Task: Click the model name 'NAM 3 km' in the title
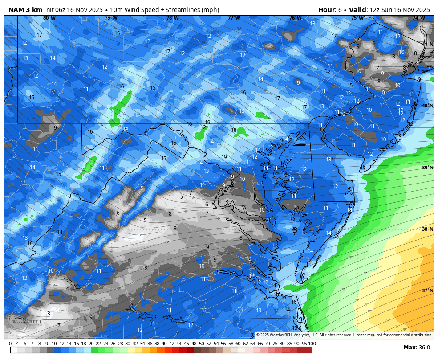pyautogui.click(x=25, y=10)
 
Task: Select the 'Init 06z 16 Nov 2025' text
pyautogui.click(x=73, y=10)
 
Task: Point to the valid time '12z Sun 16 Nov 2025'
pyautogui.click(x=402, y=10)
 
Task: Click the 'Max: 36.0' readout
pyautogui.click(x=416, y=348)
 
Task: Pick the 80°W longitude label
pyautogui.click(x=49, y=18)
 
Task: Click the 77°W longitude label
pyautogui.click(x=234, y=18)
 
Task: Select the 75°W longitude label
pyautogui.click(x=357, y=18)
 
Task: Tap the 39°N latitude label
pyautogui.click(x=427, y=168)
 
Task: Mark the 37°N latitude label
pyautogui.click(x=427, y=290)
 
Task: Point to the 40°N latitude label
pyautogui.click(x=427, y=106)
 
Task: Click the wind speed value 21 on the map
pyautogui.click(x=205, y=127)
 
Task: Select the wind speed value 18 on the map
pyautogui.click(x=234, y=130)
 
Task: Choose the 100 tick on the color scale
pyautogui.click(x=312, y=344)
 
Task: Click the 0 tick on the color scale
pyautogui.click(x=10, y=344)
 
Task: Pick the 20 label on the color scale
pyautogui.click(x=91, y=344)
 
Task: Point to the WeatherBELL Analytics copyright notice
pyautogui.click(x=344, y=335)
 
